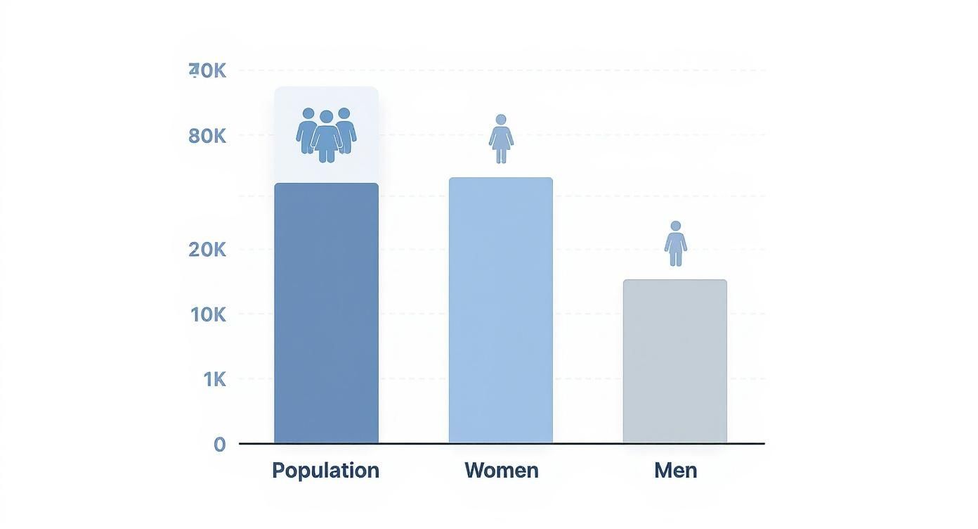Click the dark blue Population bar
tap(326, 313)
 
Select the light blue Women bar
tap(501, 310)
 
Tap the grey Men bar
tap(675, 361)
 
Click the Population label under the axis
tap(325, 470)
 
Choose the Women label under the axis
tap(502, 470)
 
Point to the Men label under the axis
tap(676, 470)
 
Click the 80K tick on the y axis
tap(207, 136)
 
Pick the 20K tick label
tap(207, 249)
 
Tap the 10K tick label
tap(208, 314)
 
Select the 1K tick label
tap(214, 380)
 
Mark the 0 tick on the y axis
tap(219, 445)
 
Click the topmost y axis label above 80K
tap(207, 70)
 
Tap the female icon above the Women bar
tap(501, 139)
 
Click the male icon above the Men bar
tap(676, 243)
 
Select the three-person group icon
tap(326, 134)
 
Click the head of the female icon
tap(501, 120)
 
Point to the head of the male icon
tap(676, 226)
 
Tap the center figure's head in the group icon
tap(326, 117)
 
